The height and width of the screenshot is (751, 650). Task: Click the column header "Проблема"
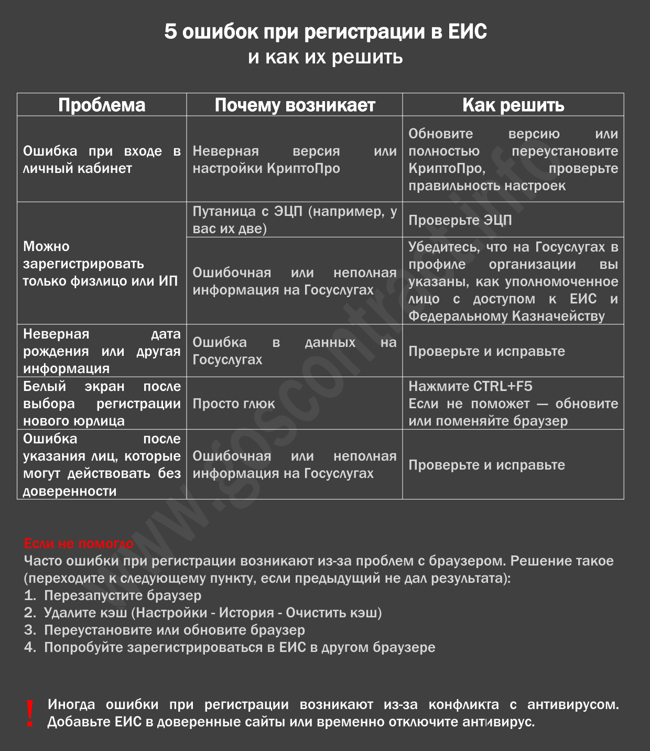[x=102, y=105]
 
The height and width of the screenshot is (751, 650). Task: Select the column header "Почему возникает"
[x=295, y=105]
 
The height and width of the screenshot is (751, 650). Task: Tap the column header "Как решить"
[x=513, y=105]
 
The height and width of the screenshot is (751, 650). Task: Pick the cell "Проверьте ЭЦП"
[x=460, y=220]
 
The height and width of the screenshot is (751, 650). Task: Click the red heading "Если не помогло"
[x=79, y=543]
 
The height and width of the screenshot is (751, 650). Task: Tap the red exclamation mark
[x=30, y=713]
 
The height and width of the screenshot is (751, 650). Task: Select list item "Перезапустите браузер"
[x=123, y=595]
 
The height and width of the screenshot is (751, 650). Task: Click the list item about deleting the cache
[x=212, y=613]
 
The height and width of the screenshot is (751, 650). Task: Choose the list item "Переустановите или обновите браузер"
[x=174, y=630]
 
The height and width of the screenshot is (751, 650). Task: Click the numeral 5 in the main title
[x=170, y=32]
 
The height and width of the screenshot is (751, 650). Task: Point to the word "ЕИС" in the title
[x=468, y=32]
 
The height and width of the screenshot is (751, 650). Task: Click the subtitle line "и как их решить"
[x=325, y=57]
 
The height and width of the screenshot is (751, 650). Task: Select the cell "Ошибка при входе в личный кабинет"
[x=102, y=159]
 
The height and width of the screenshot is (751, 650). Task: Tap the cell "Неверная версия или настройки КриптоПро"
[x=295, y=159]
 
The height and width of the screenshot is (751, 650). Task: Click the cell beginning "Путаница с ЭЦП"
[x=295, y=220]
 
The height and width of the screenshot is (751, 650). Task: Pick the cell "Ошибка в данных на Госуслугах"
[x=295, y=351]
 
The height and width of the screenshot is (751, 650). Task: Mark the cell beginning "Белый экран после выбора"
[x=102, y=404]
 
